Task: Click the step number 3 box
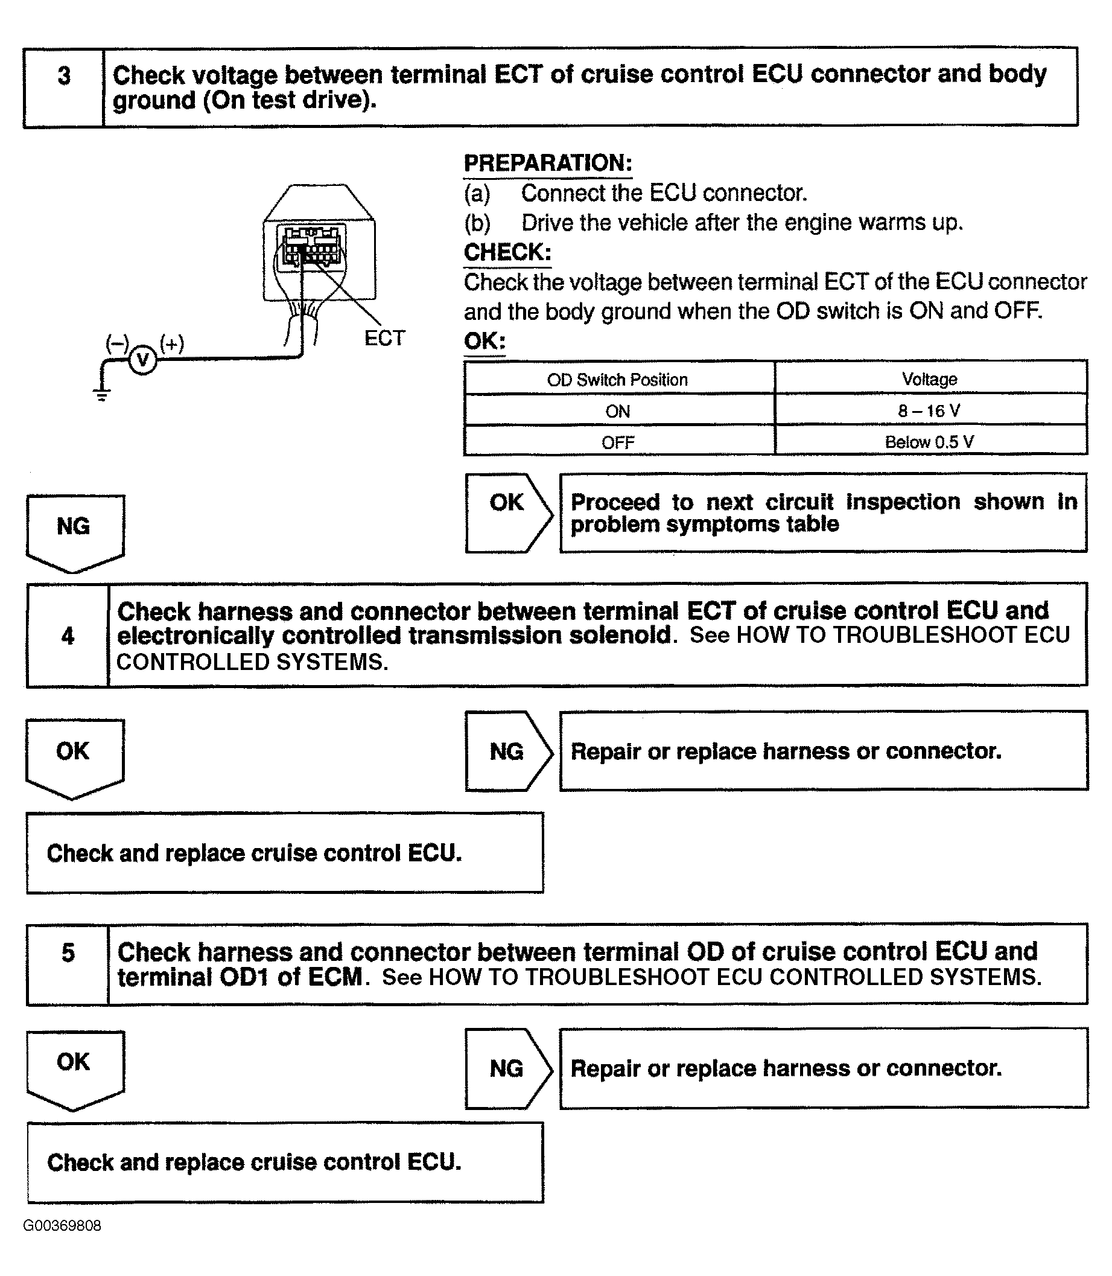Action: pos(64,88)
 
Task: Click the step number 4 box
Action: pos(68,635)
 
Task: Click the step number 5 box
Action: pos(68,964)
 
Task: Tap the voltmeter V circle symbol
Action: pos(143,359)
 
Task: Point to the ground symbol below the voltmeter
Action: pos(102,394)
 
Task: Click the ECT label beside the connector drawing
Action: pos(384,338)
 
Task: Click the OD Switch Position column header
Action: pos(617,379)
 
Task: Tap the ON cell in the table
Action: pos(617,411)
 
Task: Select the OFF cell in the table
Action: pos(617,442)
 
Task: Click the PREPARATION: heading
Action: pos(548,162)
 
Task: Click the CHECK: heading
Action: pos(507,252)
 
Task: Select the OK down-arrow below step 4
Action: pos(74,755)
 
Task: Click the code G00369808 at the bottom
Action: pos(62,1226)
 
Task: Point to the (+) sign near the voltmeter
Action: pos(172,343)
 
